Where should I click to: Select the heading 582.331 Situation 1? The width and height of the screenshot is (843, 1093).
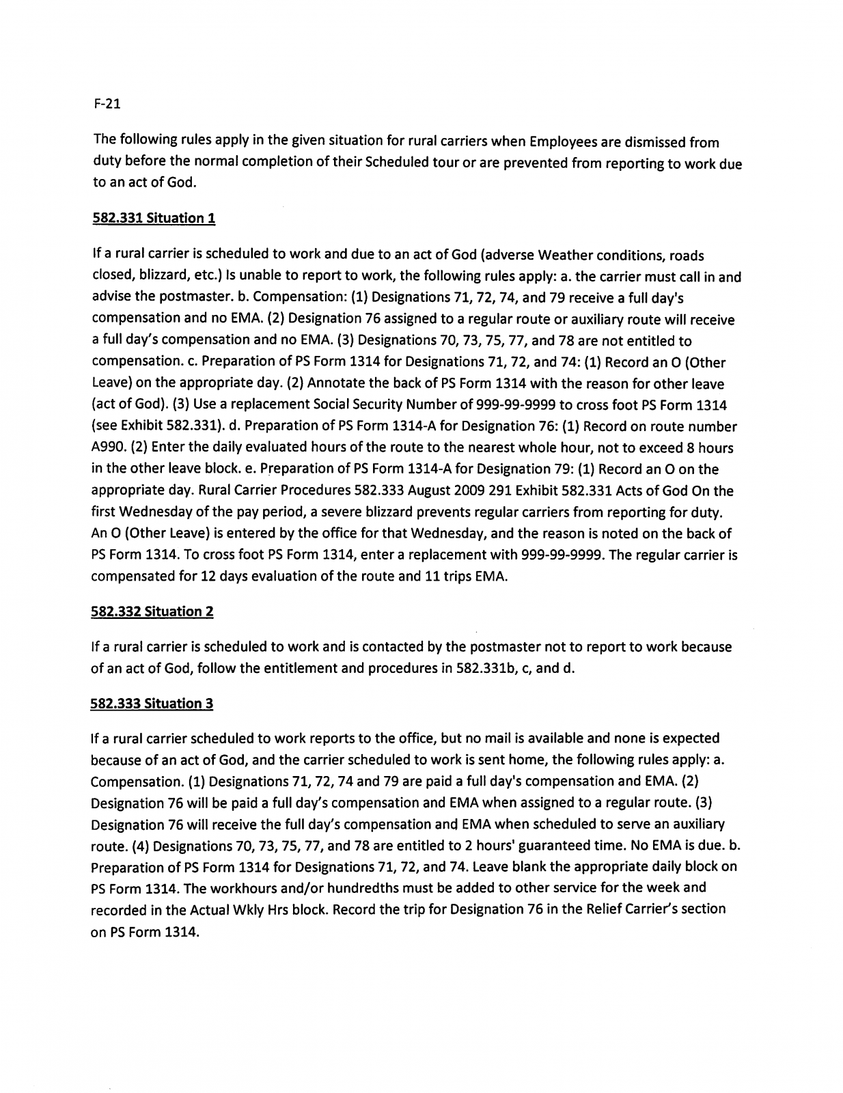(153, 219)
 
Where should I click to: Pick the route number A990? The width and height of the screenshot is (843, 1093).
(111, 448)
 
